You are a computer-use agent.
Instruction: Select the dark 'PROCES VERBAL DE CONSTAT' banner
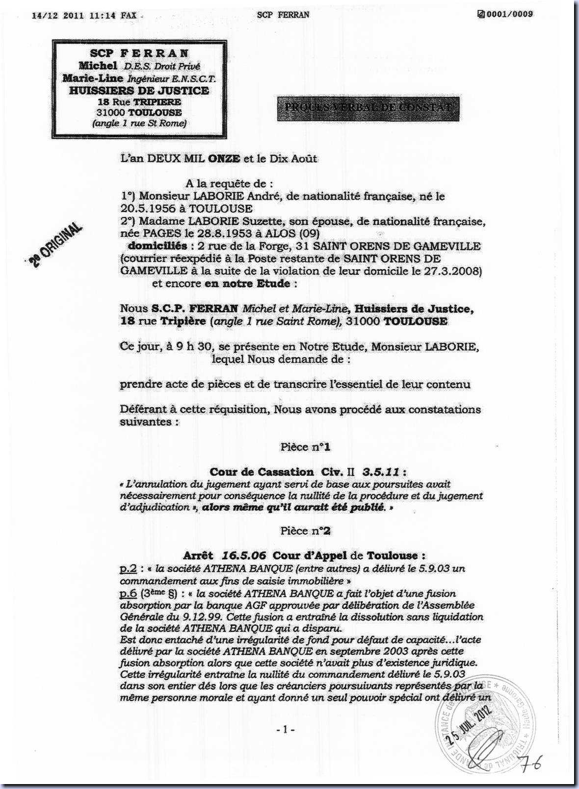[368, 107]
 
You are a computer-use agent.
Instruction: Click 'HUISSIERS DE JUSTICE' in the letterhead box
[139, 91]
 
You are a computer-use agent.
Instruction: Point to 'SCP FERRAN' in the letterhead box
[139, 53]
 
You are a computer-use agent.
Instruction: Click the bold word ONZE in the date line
[224, 159]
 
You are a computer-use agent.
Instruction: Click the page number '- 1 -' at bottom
[285, 730]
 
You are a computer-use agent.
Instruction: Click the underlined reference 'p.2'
[128, 569]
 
